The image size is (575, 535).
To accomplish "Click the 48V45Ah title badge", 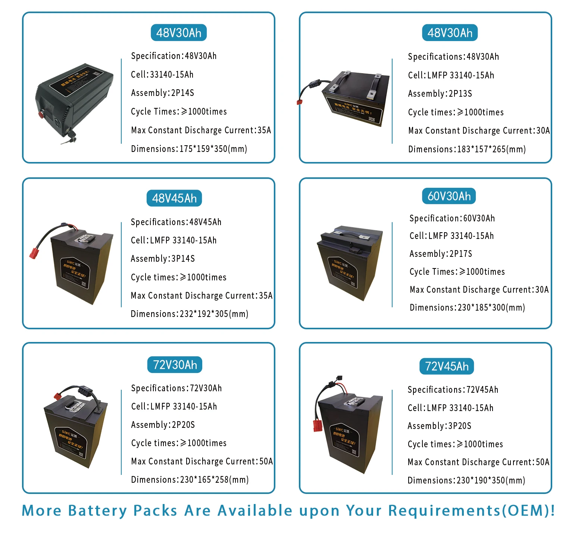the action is (x=174, y=198).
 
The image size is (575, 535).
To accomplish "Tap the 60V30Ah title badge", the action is (x=449, y=196).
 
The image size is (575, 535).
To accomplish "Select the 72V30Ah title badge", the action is (x=175, y=365).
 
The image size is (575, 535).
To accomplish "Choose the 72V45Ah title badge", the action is (x=447, y=366).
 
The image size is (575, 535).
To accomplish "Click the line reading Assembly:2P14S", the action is (x=162, y=93).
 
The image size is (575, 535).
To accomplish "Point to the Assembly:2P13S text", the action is (x=440, y=94).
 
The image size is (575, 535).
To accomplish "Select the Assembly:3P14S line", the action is (x=163, y=259).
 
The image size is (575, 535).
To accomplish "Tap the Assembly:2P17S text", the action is (x=441, y=254).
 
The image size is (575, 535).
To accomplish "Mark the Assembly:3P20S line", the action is (x=439, y=426).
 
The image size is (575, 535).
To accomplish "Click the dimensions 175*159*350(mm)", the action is (x=189, y=149).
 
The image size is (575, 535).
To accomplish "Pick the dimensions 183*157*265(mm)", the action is (x=467, y=149).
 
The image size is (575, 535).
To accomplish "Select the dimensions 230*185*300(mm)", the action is (x=467, y=308).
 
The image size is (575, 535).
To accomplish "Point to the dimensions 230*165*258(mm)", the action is (x=190, y=480).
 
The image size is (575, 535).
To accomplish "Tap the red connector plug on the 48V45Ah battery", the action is (x=35, y=252).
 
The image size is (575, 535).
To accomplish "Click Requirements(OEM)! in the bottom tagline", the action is (x=471, y=511).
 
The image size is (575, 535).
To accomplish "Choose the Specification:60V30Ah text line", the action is (x=452, y=218).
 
